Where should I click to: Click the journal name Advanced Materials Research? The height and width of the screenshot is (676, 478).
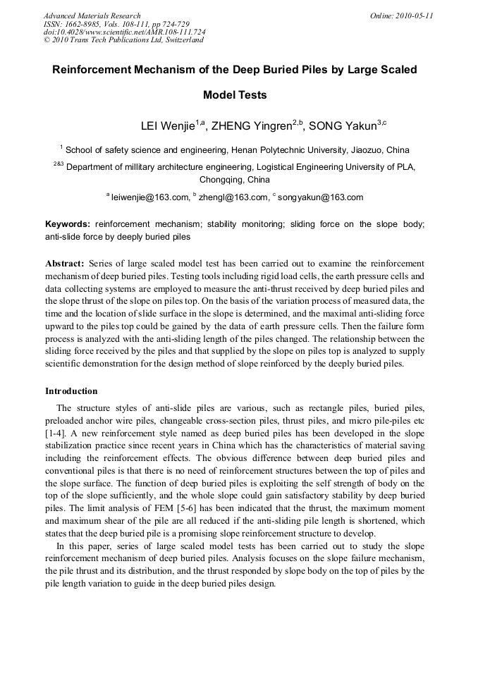coord(92,16)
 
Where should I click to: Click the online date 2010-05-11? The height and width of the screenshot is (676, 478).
coord(415,16)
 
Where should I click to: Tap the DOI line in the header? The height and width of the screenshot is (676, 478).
coord(124,32)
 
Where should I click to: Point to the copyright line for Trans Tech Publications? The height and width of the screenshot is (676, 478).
coord(123,40)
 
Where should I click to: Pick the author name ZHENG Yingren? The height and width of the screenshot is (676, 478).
coord(250,127)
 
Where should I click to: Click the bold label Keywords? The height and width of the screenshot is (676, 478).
coord(68,224)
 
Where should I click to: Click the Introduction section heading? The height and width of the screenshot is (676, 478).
coord(71,391)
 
